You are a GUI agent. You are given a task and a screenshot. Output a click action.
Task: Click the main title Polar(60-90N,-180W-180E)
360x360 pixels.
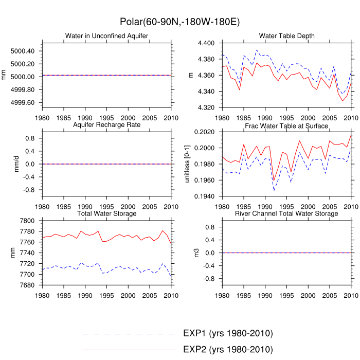tap(179, 22)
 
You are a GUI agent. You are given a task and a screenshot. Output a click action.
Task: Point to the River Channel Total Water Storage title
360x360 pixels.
tap(286, 213)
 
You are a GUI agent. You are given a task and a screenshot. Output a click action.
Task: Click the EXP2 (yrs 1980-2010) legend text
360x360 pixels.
tap(227, 350)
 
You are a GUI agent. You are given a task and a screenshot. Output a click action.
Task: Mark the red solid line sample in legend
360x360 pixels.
tap(129, 350)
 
